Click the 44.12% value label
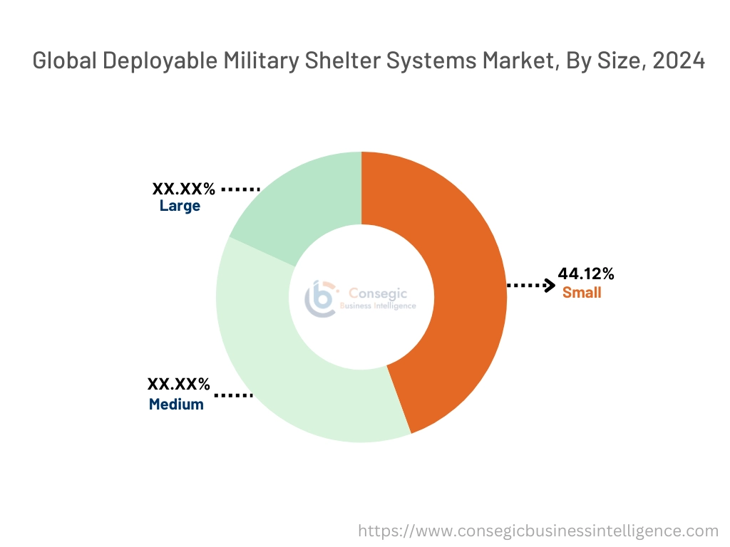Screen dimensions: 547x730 [586, 274]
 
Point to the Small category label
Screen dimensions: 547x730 [582, 292]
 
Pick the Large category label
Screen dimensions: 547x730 [180, 207]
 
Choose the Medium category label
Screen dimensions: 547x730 [176, 405]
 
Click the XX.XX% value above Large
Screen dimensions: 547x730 [183, 189]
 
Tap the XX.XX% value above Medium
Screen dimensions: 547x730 [178, 385]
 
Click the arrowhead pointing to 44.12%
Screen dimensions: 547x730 [549, 286]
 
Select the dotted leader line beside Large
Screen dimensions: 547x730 [240, 189]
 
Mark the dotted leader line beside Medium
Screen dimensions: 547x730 [233, 394]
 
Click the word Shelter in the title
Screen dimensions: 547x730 [344, 61]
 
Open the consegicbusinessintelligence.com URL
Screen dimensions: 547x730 [538, 531]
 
